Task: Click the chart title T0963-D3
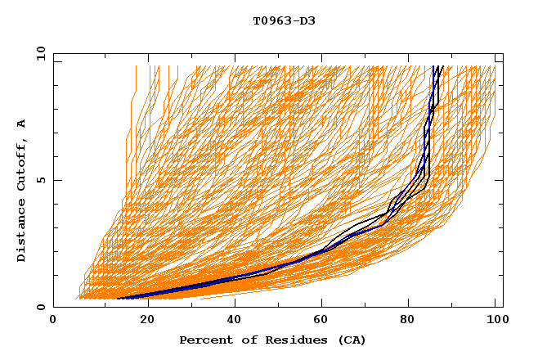[x=284, y=20]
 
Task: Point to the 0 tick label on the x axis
[x=53, y=320]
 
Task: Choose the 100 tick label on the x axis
[x=495, y=320]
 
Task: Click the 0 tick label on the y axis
[x=41, y=308]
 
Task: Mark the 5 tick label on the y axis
[x=41, y=180]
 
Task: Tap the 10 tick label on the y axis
[x=38, y=53]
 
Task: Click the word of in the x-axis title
[x=242, y=340]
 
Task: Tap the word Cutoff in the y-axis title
[x=22, y=167]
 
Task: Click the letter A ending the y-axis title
[x=22, y=123]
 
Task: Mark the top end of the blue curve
[x=433, y=66]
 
